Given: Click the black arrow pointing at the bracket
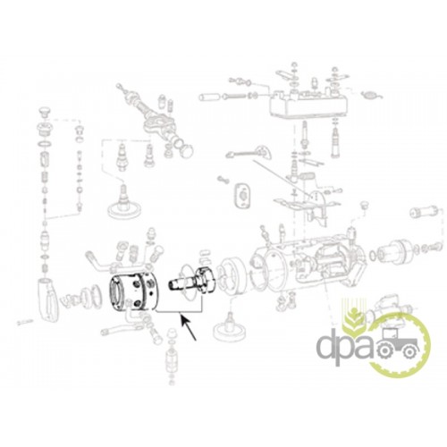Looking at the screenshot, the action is pyautogui.click(x=189, y=328).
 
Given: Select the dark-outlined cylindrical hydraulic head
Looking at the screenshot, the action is pyautogui.click(x=133, y=291).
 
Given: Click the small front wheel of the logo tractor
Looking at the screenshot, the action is pyautogui.click(x=410, y=353).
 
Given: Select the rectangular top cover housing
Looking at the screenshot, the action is pyautogui.click(x=308, y=104).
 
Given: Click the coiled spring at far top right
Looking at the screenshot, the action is pyautogui.click(x=372, y=96).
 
